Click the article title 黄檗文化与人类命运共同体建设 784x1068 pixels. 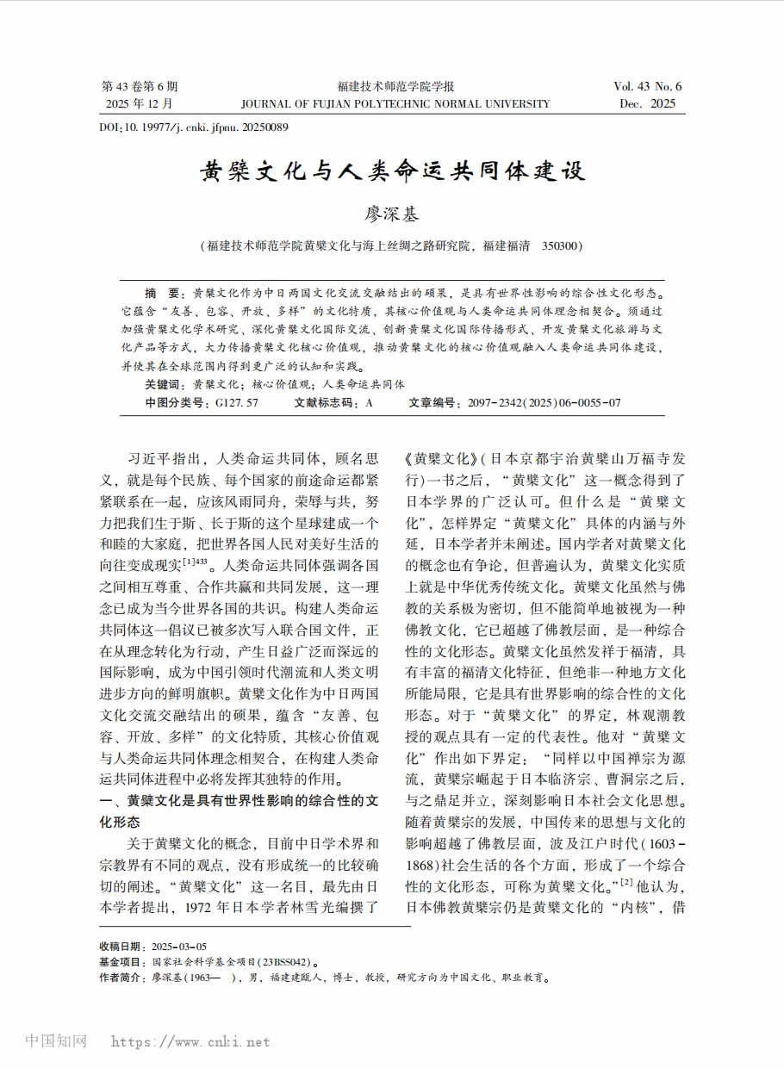[x=392, y=171]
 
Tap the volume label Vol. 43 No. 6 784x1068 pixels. [x=647, y=86]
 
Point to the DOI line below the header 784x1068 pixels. [x=194, y=127]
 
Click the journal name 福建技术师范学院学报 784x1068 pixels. [x=395, y=86]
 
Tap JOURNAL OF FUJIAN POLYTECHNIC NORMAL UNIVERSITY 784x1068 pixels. [x=395, y=103]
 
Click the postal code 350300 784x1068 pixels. [x=562, y=245]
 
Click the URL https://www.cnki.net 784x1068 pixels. [x=190, y=1041]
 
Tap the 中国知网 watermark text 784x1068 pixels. [x=56, y=1040]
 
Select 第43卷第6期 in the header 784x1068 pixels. [x=140, y=86]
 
